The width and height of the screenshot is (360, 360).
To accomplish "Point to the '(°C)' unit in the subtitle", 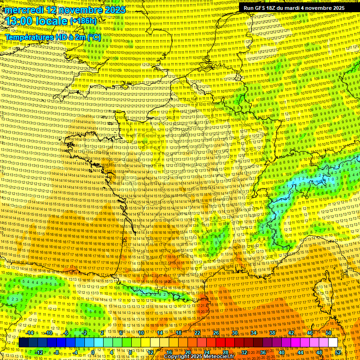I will click(94, 37).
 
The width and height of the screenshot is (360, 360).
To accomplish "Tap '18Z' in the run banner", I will click(273, 8).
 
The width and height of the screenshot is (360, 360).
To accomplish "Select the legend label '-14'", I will click(30, 333).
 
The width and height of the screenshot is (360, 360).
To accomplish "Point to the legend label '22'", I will click(197, 333).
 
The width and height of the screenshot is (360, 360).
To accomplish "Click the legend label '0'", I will click(93, 352).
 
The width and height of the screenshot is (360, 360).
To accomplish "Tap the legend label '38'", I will click(272, 333).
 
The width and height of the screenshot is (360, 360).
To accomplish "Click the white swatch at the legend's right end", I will click(333, 343).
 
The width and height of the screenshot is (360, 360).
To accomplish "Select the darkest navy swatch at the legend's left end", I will click(23, 343).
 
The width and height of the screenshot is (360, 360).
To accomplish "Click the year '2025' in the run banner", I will click(337, 8).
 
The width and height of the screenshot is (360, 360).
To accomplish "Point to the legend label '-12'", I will click(39, 352).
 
